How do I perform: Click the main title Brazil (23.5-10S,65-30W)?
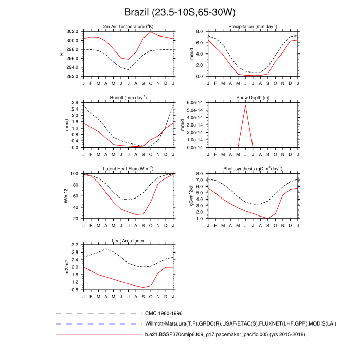point(179,12)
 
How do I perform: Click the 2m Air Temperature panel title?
point(128,26)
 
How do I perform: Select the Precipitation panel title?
point(253,26)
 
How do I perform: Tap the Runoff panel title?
point(128,97)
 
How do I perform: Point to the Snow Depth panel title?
point(253,97)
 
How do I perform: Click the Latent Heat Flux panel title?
point(128,169)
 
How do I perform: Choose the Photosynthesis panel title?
point(253,169)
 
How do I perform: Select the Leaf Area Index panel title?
point(128,240)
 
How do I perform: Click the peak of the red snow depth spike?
point(245,105)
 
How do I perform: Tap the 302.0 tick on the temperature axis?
point(71,31)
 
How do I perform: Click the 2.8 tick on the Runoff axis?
point(75,103)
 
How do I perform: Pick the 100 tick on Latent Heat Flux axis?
point(74,174)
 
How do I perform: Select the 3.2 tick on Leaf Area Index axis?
point(75,245)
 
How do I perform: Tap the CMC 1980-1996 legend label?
point(164,313)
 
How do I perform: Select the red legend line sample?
point(98,335)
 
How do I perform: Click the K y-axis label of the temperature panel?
point(62,53)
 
